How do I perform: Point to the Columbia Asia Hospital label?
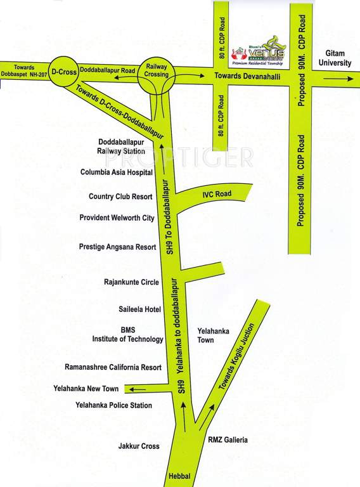pyautogui.click(x=117, y=172)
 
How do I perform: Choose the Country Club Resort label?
pyautogui.click(x=120, y=197)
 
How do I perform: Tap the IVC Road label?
pyautogui.click(x=217, y=193)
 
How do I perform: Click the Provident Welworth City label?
pyautogui.click(x=117, y=218)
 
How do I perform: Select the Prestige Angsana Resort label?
pyautogui.click(x=117, y=247)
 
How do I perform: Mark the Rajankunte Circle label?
pyautogui.click(x=131, y=282)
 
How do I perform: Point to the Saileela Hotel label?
pyautogui.click(x=139, y=309)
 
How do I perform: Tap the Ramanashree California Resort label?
pyautogui.click(x=113, y=367)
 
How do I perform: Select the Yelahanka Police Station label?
pyautogui.click(x=113, y=405)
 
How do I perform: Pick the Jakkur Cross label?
pyautogui.click(x=139, y=446)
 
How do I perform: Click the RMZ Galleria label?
pyautogui.click(x=228, y=439)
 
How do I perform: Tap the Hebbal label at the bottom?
pyautogui.click(x=179, y=477)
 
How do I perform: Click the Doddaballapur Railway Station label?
pyautogui.click(x=121, y=147)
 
